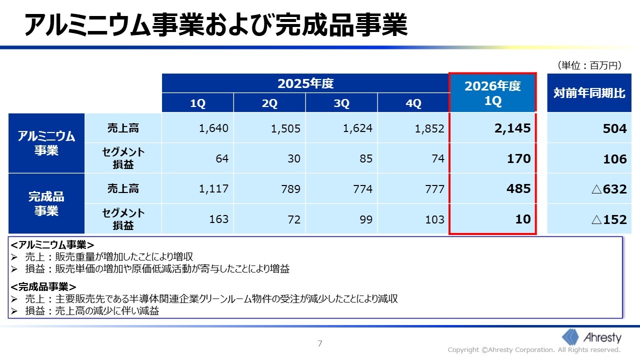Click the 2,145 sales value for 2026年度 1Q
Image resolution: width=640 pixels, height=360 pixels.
[x=512, y=128]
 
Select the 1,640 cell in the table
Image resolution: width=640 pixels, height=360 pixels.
[x=213, y=128]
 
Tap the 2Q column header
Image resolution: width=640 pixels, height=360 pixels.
[x=269, y=103]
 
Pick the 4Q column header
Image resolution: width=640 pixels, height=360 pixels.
[x=413, y=103]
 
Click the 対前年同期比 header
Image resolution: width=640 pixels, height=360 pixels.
[x=589, y=93]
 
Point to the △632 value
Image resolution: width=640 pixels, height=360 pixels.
[x=609, y=189]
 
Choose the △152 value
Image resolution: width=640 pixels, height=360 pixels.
[x=609, y=219]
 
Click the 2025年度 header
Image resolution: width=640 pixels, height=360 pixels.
[x=305, y=83]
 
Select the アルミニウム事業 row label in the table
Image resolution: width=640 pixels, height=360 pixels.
[x=46, y=143]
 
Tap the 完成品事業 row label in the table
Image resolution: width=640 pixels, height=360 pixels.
[x=46, y=203]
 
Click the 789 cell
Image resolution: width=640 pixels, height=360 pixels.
[x=290, y=189]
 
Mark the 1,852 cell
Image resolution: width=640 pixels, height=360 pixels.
[x=429, y=128]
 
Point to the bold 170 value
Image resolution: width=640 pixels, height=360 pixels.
[x=518, y=159]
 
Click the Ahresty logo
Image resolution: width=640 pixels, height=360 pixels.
[x=591, y=337]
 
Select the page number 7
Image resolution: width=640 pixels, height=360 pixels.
[x=320, y=343]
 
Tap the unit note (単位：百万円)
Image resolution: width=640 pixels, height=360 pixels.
[x=589, y=65]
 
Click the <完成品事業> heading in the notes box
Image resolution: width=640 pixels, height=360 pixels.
[x=43, y=286]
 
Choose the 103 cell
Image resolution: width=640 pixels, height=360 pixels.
[x=434, y=219]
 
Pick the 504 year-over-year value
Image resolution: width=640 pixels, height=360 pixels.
[x=615, y=128]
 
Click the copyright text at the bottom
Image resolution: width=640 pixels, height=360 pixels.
[x=533, y=350]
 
